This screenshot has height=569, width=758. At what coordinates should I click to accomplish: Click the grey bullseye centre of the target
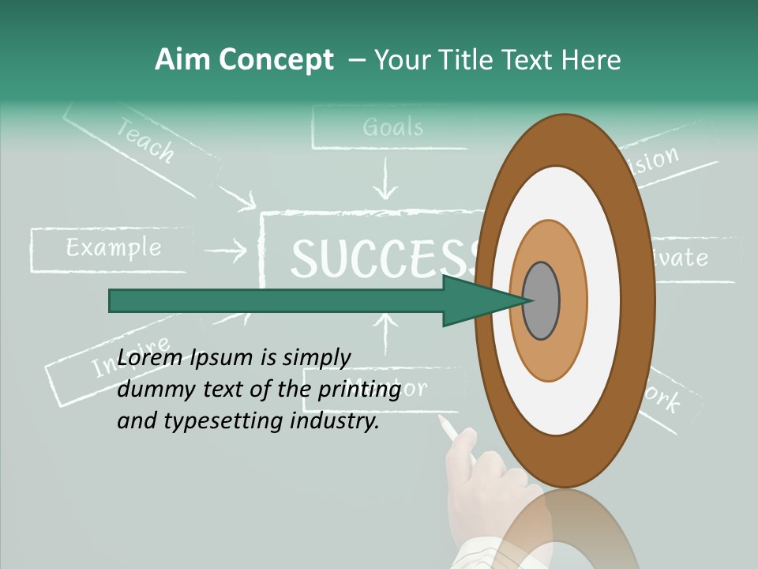(541, 301)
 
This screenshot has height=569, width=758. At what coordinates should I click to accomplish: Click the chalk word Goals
(392, 126)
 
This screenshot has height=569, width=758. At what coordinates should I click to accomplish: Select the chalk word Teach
(145, 140)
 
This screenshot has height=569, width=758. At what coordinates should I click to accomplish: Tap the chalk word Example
(114, 248)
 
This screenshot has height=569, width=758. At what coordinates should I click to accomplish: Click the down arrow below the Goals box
(385, 180)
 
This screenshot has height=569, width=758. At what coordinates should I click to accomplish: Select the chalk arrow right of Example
(230, 252)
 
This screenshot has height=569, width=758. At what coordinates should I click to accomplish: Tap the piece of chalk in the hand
(450, 430)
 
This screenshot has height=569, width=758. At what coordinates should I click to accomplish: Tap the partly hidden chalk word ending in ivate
(680, 258)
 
